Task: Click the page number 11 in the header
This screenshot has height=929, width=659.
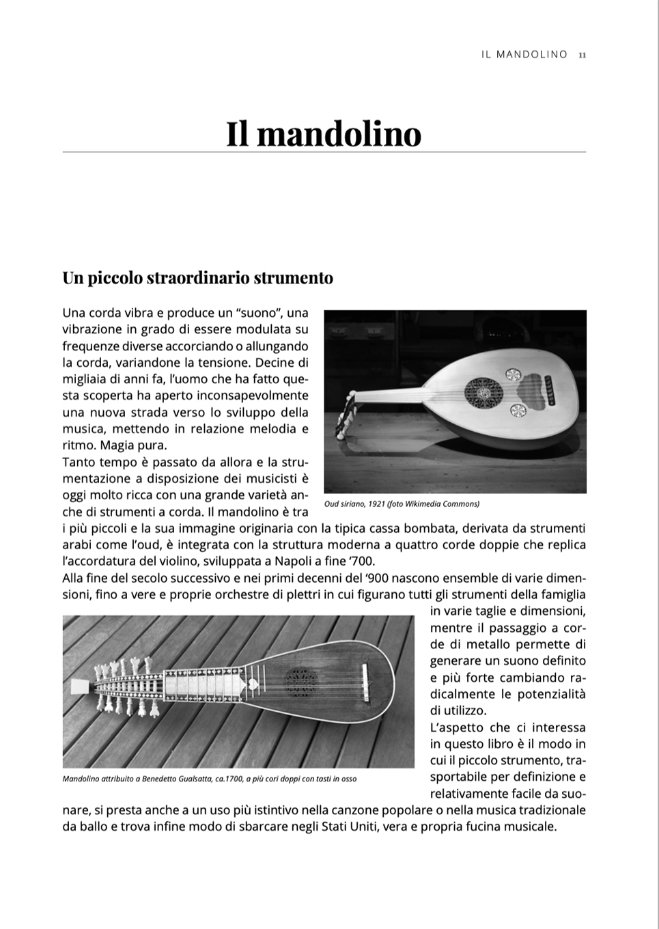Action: [582, 55]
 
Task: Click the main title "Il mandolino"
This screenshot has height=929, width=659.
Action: [324, 133]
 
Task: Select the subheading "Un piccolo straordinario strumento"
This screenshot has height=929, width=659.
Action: [198, 278]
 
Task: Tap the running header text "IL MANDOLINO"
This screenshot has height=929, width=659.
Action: [524, 55]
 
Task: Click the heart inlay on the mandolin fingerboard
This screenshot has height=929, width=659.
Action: [251, 682]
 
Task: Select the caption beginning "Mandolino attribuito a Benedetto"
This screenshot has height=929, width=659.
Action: [209, 779]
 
